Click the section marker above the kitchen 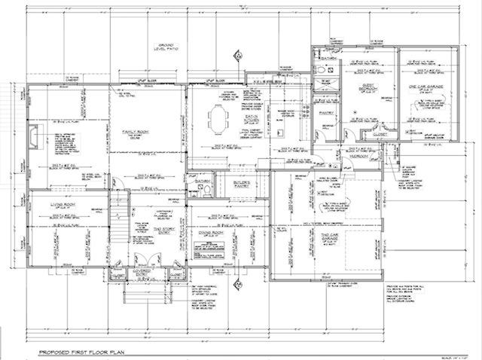click(x=238, y=55)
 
